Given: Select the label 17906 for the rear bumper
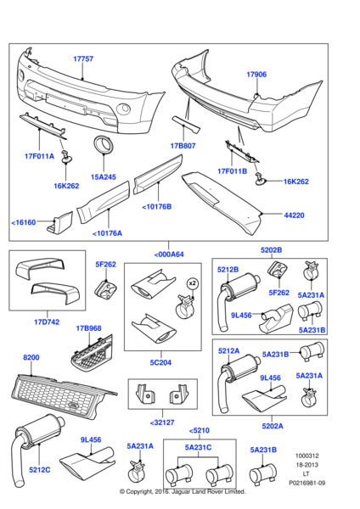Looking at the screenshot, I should pyautogui.click(x=257, y=75).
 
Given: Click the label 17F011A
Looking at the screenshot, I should pyautogui.click(x=39, y=156).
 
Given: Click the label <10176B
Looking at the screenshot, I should pyautogui.click(x=156, y=205).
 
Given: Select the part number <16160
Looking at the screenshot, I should pyautogui.click(x=26, y=222).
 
